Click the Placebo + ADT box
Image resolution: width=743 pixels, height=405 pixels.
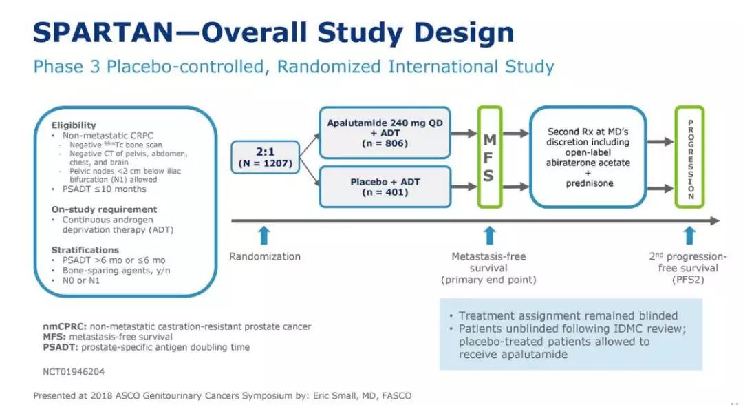click(x=385, y=186)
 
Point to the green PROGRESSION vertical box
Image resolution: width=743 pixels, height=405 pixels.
click(x=689, y=157)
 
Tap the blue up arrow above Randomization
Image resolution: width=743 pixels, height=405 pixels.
click(x=264, y=235)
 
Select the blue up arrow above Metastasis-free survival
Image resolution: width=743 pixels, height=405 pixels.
click(x=488, y=235)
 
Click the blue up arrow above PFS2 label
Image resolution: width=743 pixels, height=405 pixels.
click(x=689, y=235)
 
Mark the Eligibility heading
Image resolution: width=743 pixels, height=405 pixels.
click(x=74, y=125)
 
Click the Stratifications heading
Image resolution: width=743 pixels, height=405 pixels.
click(x=85, y=250)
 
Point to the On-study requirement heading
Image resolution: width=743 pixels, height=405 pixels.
click(x=104, y=209)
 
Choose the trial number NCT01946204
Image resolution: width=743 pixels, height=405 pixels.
click(x=69, y=371)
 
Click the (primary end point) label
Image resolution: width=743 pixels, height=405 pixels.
click(x=488, y=280)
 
